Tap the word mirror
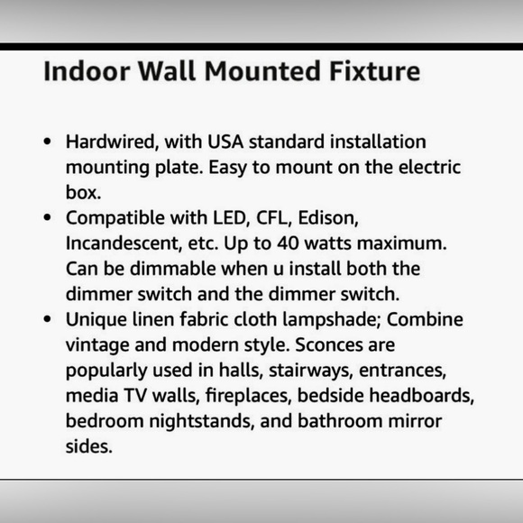coord(422,420)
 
